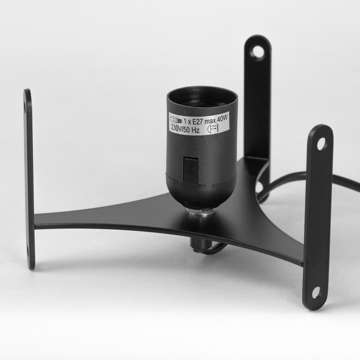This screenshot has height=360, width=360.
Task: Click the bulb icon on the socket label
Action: coord(176,120)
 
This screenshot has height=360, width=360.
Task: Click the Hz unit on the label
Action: coord(195,130)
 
